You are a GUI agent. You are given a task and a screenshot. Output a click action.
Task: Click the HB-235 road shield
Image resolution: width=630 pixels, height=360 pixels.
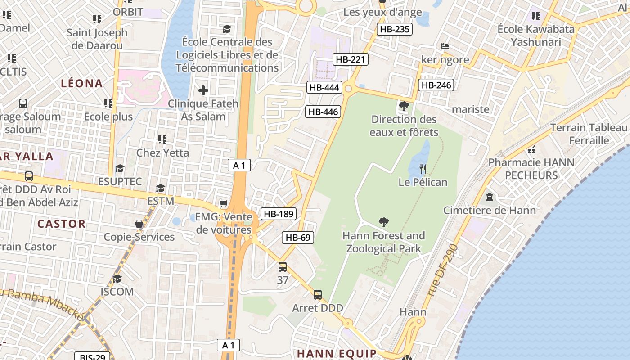[x=395, y=30]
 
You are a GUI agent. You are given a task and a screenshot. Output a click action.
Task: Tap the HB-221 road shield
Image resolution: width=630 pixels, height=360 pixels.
[x=351, y=59]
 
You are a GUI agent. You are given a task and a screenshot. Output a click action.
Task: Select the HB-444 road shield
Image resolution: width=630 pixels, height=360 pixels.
[x=324, y=87]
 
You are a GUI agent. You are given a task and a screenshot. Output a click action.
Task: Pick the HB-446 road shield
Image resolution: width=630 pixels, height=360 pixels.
[x=323, y=112]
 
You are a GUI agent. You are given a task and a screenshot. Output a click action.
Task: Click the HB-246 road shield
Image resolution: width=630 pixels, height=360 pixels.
[x=436, y=85]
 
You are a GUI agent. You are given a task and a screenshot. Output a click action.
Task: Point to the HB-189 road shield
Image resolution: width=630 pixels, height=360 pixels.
[x=279, y=214]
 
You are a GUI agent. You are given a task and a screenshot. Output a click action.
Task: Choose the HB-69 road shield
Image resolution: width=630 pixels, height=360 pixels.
[x=298, y=238]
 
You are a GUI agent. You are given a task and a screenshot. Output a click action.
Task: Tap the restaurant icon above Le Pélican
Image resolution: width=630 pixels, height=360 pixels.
[x=423, y=169]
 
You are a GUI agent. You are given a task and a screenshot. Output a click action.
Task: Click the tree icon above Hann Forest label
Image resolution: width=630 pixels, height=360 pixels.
[x=384, y=222]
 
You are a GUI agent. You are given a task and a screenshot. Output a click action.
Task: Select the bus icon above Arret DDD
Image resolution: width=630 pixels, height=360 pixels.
[x=318, y=295]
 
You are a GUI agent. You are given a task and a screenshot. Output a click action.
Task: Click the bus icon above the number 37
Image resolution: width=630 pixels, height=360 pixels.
[x=283, y=266]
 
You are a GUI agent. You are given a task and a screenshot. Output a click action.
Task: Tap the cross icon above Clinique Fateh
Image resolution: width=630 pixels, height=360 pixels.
[x=203, y=90]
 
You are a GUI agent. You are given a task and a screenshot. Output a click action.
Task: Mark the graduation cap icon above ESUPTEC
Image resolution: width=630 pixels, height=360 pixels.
[x=120, y=168]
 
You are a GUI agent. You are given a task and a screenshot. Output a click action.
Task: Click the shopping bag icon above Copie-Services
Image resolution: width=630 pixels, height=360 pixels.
[x=139, y=224]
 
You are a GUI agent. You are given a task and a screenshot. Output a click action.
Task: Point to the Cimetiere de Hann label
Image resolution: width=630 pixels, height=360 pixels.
[x=490, y=210]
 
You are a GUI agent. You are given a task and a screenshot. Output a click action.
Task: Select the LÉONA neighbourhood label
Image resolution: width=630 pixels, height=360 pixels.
[x=82, y=83]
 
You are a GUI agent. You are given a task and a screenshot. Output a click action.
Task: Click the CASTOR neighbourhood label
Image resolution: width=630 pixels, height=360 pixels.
[x=61, y=224]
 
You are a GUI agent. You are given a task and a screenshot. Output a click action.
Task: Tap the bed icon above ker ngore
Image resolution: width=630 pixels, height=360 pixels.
[x=445, y=46]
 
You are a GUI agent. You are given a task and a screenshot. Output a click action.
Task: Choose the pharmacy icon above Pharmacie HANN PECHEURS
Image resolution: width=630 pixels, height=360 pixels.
[x=531, y=149]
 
